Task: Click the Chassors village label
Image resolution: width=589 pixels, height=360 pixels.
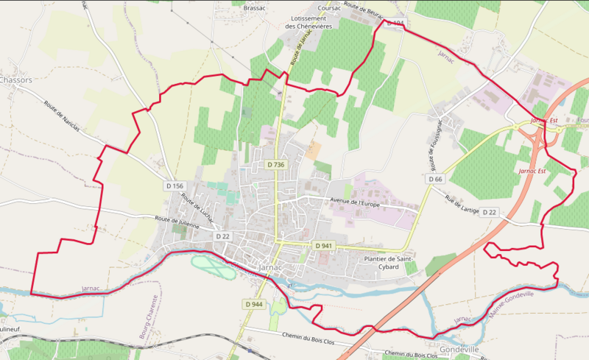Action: [x=16, y=80]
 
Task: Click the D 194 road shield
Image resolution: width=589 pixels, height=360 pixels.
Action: [x=395, y=24]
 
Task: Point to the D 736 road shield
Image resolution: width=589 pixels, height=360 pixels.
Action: [x=276, y=165]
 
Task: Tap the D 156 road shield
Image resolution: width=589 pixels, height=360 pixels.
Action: [x=174, y=186]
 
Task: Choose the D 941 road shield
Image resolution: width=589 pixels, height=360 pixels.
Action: [x=323, y=245]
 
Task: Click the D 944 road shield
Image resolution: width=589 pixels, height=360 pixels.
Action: [x=253, y=304]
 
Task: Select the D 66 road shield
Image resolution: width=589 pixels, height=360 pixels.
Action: [x=435, y=179]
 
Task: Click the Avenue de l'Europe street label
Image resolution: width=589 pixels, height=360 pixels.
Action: [x=359, y=202]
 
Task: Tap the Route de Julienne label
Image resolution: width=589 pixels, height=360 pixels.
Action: [x=177, y=222]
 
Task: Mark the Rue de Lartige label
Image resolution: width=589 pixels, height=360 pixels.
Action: [x=462, y=205]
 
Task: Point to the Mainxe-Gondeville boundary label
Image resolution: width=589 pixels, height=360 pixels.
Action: [x=510, y=304]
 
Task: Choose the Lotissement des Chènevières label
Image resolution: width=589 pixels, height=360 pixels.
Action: [x=308, y=21]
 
